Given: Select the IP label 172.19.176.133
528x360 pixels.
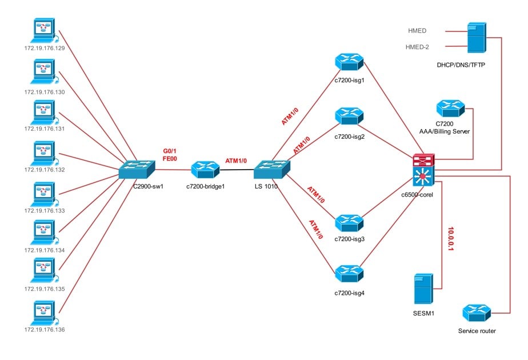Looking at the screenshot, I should [44, 211].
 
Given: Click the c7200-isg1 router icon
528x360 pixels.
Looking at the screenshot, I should [350, 61].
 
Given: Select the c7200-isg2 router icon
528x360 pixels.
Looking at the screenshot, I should [350, 116].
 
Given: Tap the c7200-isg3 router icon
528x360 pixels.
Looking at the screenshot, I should [350, 222].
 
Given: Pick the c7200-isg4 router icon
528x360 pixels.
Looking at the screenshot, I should [350, 273].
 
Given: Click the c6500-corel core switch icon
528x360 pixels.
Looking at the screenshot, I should [422, 170].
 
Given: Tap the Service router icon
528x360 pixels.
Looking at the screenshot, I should [476, 313].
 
